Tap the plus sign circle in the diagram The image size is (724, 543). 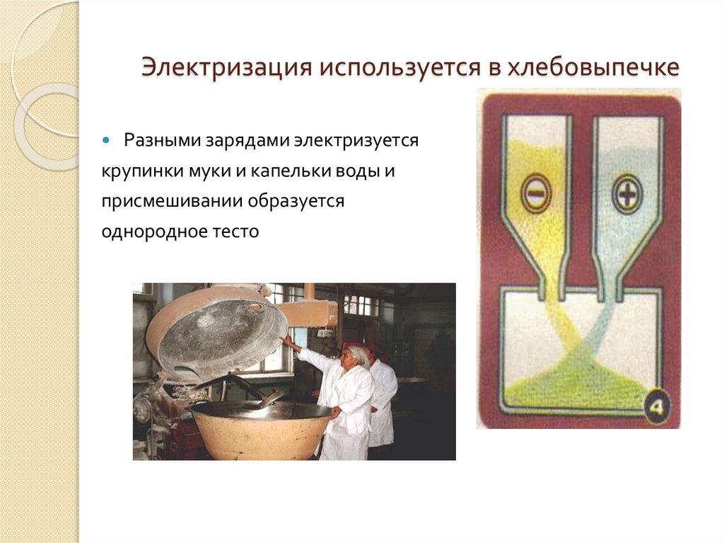click(x=626, y=193)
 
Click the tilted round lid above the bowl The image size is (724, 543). click(x=216, y=329)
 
